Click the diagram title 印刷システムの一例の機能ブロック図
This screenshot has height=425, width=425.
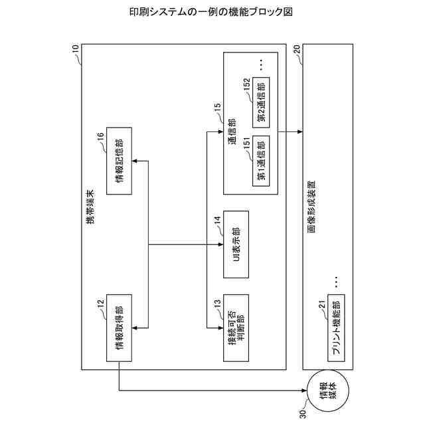pyautogui.click(x=212, y=12)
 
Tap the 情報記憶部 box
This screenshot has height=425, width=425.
pyautogui.click(x=119, y=161)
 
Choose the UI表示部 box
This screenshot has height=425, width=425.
pyautogui.click(x=236, y=245)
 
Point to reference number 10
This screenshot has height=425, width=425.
pyautogui.click(x=74, y=48)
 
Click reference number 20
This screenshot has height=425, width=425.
pyautogui.click(x=296, y=48)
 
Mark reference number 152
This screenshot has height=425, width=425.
pyautogui.click(x=247, y=84)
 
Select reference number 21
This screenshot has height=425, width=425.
pyautogui.click(x=322, y=304)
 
